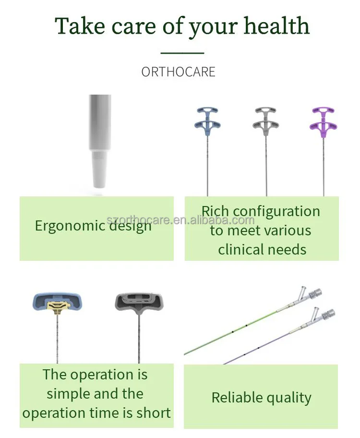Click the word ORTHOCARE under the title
pyautogui.click(x=178, y=72)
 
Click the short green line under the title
pyautogui.click(x=182, y=53)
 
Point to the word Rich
pyautogui.click(x=215, y=211)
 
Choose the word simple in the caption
pyautogui.click(x=68, y=394)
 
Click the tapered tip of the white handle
pyautogui.click(x=100, y=173)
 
